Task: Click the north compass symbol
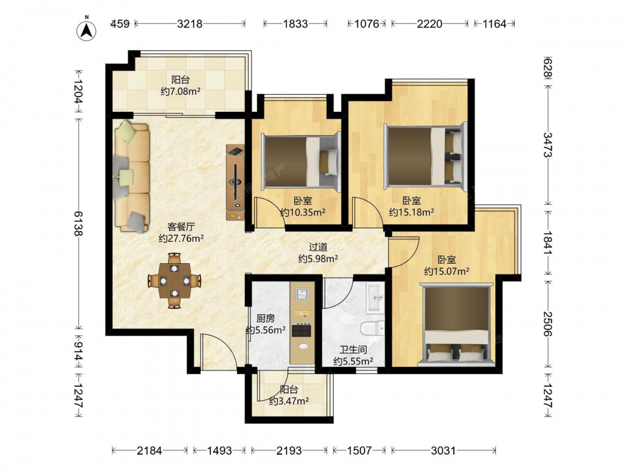(x=87, y=30)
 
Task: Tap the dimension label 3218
(x=189, y=24)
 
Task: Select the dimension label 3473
(x=547, y=145)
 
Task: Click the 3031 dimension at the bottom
(x=443, y=451)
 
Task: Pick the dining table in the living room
(x=174, y=280)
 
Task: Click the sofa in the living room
(x=131, y=176)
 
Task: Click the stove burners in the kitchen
(x=301, y=330)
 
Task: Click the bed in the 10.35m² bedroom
(x=300, y=161)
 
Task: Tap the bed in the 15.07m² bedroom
(x=456, y=324)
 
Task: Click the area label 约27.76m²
(x=181, y=239)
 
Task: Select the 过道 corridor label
(x=318, y=247)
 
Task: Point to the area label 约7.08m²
(x=181, y=92)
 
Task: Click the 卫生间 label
(x=353, y=350)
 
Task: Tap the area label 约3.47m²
(x=288, y=401)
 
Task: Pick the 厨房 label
(x=265, y=318)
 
